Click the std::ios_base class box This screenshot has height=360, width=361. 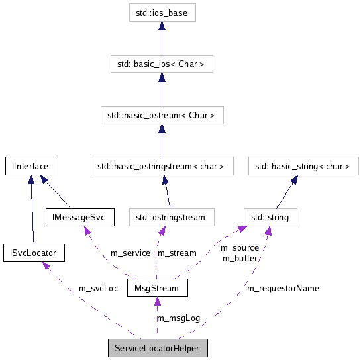coord(162,13)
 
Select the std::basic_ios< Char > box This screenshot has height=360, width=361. coord(162,64)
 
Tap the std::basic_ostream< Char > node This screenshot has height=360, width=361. coord(161,115)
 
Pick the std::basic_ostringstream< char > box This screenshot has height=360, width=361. coord(161,166)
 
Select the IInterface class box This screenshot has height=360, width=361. coord(31,166)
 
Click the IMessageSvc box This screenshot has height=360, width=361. coord(80,216)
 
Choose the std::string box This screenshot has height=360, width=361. coord(270,216)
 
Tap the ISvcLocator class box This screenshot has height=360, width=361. coord(33,253)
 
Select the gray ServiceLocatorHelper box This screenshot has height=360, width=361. coord(158,348)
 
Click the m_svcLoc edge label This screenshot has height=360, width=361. coord(98,289)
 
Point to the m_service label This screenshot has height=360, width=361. coord(130,253)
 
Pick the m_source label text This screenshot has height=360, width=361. coord(239,248)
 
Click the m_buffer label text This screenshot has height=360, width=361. coord(239,258)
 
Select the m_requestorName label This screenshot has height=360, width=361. coord(283,289)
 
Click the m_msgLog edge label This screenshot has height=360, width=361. coord(178,318)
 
